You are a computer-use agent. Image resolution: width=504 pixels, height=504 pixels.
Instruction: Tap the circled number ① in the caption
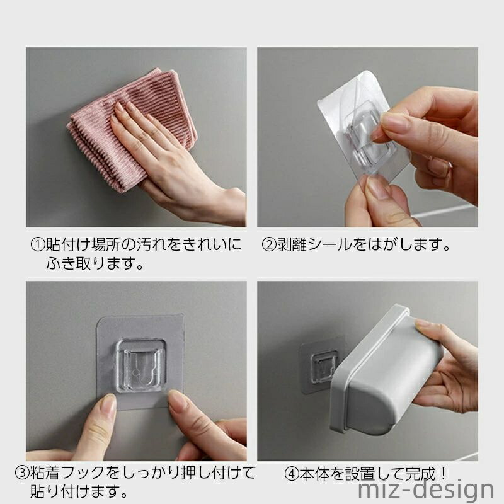pos(38,245)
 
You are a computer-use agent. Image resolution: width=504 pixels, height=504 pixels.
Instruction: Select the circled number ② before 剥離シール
pos(269,245)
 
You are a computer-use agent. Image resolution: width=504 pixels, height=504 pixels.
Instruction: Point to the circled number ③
pos(22,473)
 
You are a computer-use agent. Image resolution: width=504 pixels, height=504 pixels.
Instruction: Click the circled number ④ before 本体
pos(292,474)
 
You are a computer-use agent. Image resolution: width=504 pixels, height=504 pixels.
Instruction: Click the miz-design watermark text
pos(426,490)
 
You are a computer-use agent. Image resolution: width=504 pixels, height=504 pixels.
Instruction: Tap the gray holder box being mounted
pos(386,370)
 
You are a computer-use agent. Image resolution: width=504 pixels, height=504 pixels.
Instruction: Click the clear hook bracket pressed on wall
pos(140,366)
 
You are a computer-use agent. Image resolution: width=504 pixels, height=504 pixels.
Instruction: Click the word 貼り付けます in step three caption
pos(74,491)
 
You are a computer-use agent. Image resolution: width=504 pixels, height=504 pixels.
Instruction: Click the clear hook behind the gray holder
pos(323,367)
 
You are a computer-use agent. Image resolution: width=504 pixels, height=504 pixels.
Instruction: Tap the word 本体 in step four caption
pos(314,474)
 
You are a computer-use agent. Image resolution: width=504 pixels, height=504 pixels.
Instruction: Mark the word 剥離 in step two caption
pos(292,245)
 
